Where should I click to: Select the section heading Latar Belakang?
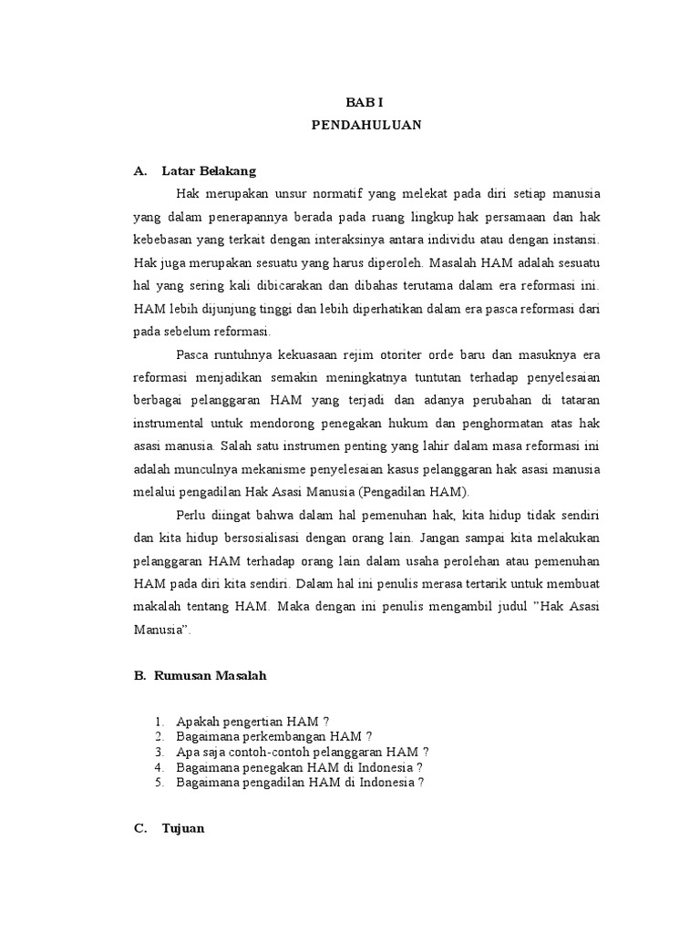[209, 170]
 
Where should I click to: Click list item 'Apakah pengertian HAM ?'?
[252, 721]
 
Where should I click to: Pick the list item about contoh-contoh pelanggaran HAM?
[302, 752]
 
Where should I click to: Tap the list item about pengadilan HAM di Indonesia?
[300, 782]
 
